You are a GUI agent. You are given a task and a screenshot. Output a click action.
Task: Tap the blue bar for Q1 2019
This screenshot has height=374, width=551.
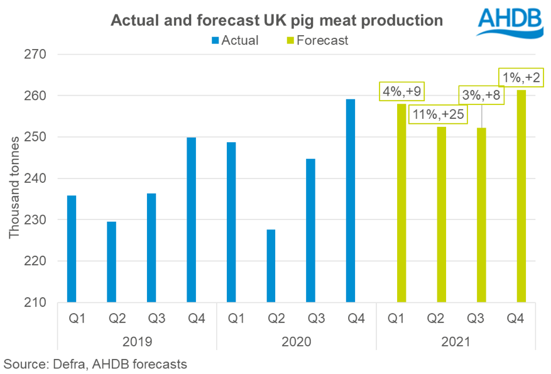72,249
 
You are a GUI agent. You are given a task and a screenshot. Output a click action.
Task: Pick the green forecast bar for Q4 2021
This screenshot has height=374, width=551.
521,196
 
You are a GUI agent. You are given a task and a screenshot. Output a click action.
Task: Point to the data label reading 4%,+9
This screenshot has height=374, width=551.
401,92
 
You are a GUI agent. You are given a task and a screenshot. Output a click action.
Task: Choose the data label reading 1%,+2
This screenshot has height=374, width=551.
521,78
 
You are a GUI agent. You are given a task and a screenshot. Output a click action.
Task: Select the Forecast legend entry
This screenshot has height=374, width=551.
317,40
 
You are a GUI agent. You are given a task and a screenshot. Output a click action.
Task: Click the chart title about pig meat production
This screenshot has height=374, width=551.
277,20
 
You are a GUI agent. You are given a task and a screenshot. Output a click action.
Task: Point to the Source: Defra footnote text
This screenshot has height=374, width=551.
95,363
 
